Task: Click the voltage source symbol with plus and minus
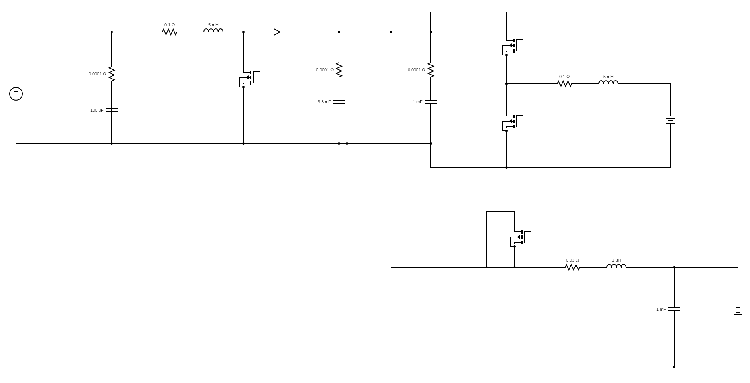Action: pyautogui.click(x=16, y=94)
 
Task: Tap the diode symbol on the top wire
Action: pyautogui.click(x=277, y=32)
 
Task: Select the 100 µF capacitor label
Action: pyautogui.click(x=97, y=110)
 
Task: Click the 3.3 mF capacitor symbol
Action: pyautogui.click(x=339, y=102)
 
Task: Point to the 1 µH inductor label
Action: pyautogui.click(x=616, y=260)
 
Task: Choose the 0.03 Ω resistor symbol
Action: pyautogui.click(x=572, y=267)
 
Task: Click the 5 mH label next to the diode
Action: pyautogui.click(x=213, y=25)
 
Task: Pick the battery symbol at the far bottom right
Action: pyautogui.click(x=738, y=311)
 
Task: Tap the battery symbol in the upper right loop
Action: pyautogui.click(x=670, y=120)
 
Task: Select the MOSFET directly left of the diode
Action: pyautogui.click(x=247, y=78)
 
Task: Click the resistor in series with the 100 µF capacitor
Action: pyautogui.click(x=112, y=74)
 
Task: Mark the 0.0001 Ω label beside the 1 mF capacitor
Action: pyautogui.click(x=416, y=70)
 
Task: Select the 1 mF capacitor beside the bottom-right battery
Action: pyautogui.click(x=674, y=309)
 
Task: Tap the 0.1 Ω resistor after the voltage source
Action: pyautogui.click(x=170, y=32)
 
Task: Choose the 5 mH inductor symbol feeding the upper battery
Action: pyautogui.click(x=608, y=83)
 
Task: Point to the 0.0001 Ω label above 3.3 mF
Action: pyautogui.click(x=324, y=70)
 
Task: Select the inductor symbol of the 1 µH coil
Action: pyautogui.click(x=616, y=266)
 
